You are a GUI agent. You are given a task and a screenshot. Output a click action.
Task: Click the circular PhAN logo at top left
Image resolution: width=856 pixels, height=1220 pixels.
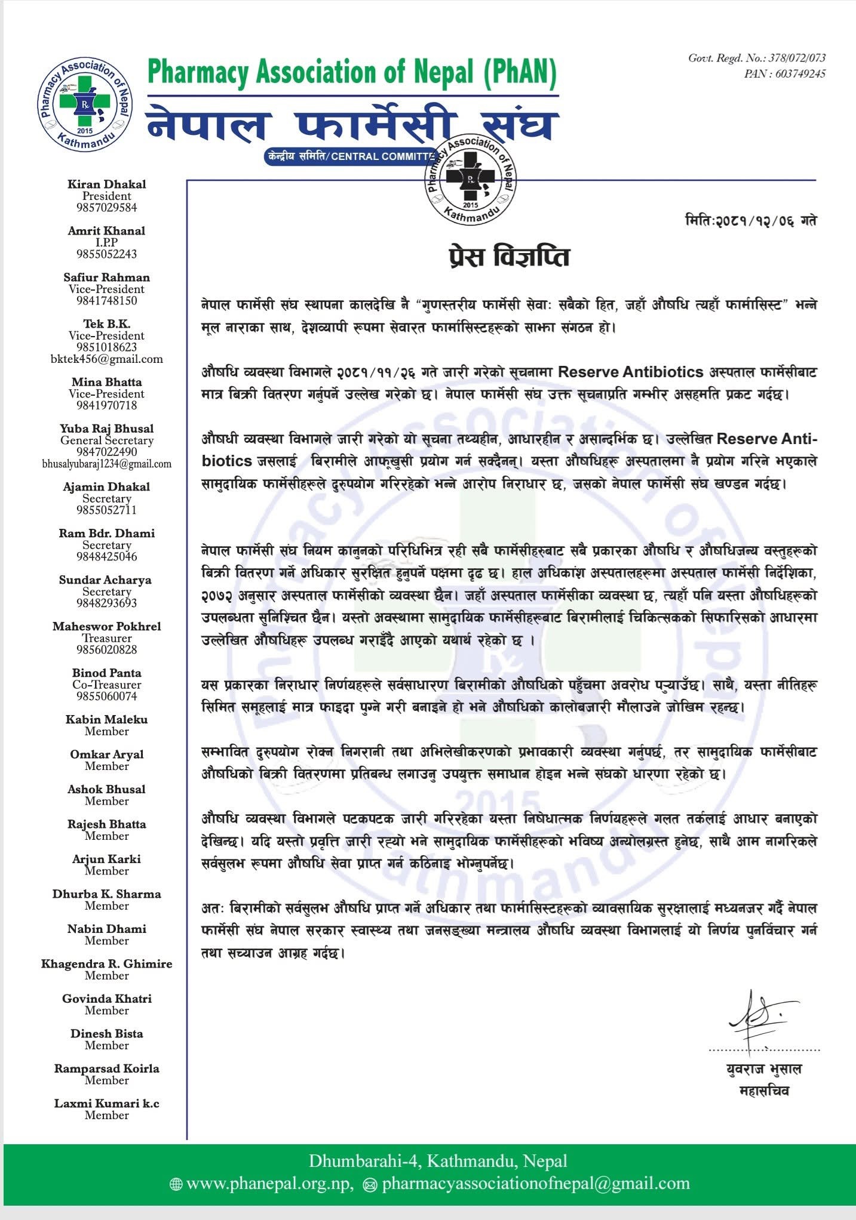point(84,106)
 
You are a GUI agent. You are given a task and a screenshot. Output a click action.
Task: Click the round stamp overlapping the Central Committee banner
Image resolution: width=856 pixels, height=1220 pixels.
point(470,179)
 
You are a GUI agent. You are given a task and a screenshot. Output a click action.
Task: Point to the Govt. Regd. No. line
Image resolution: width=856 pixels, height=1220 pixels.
point(757,58)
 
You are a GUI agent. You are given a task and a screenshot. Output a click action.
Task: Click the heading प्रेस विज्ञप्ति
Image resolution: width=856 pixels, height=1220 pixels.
point(508,257)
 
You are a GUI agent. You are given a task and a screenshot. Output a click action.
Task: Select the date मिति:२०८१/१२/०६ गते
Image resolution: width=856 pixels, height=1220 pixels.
point(750,221)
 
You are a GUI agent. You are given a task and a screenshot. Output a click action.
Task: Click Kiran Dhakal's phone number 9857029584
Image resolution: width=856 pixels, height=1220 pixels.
point(106,208)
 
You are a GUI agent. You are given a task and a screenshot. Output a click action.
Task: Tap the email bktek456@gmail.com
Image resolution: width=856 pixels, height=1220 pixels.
point(106,359)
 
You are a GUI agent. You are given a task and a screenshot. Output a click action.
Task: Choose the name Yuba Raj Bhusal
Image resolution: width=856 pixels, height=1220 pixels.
point(106,429)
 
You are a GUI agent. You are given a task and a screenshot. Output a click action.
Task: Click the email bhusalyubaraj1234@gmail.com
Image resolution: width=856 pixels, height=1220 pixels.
point(106,464)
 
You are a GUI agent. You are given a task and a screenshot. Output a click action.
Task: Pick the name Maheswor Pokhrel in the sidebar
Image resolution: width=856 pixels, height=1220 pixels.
point(106,627)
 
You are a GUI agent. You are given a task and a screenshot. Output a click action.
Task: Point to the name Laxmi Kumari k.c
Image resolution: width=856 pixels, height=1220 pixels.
point(106,1104)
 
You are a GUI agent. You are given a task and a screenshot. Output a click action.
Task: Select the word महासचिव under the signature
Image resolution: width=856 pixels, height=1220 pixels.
point(764,1091)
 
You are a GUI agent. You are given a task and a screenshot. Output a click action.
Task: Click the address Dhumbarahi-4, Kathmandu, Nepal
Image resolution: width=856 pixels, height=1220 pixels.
point(438,1161)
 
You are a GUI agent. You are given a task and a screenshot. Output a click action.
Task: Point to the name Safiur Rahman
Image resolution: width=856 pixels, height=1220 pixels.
point(106,278)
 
